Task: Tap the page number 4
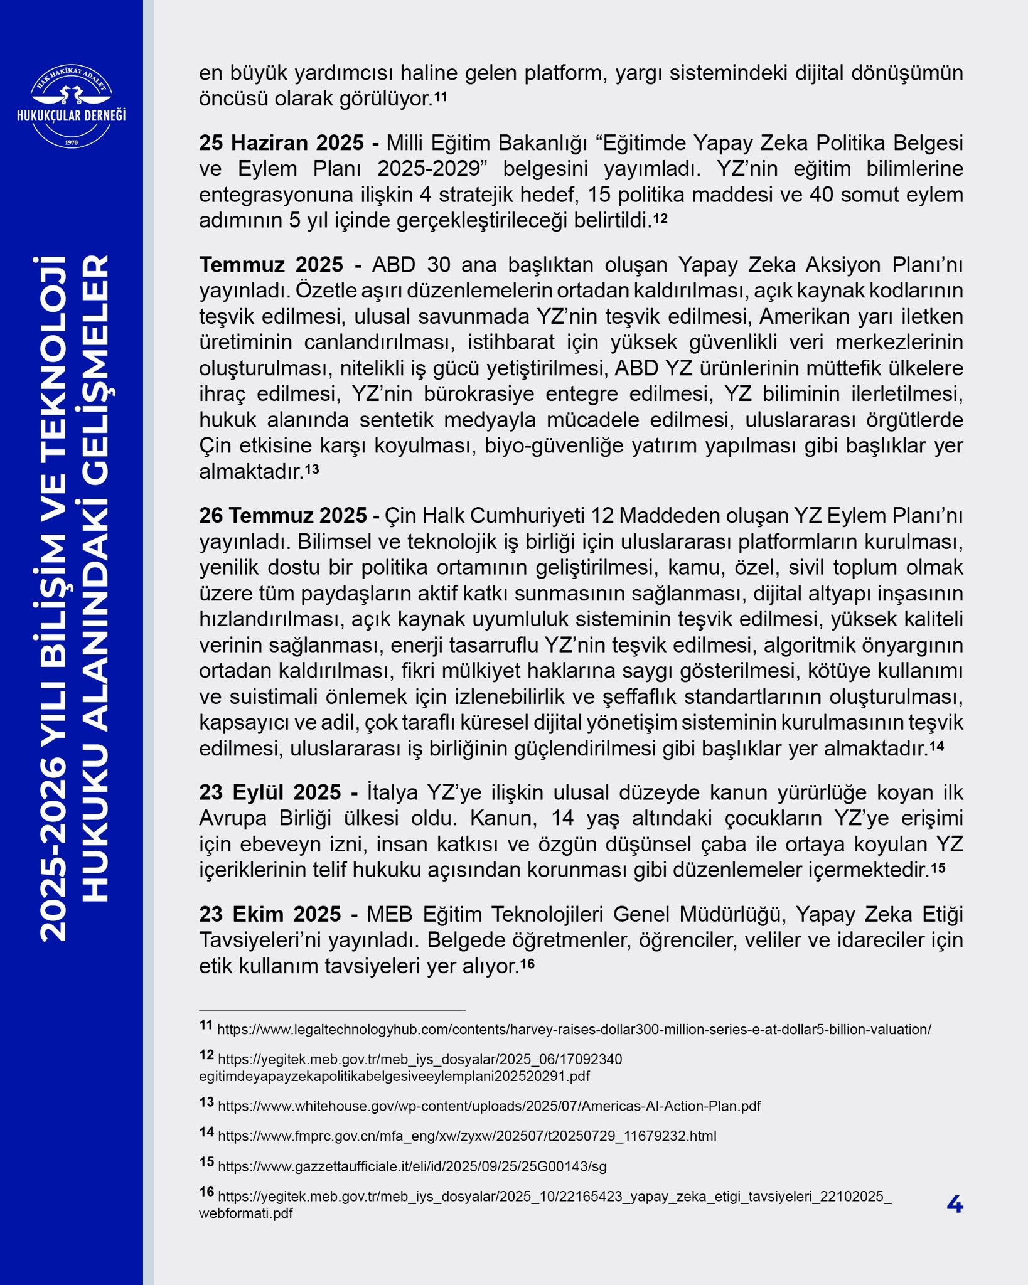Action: click(x=954, y=1204)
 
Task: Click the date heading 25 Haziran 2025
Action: click(x=281, y=143)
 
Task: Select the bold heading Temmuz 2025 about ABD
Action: click(x=271, y=265)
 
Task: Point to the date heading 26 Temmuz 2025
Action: click(x=284, y=516)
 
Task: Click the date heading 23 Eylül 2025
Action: click(x=270, y=792)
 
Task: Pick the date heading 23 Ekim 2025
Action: click(x=270, y=914)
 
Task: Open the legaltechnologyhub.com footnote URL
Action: click(x=574, y=1030)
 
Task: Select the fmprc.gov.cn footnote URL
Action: click(x=467, y=1136)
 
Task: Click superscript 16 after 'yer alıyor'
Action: click(x=527, y=963)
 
